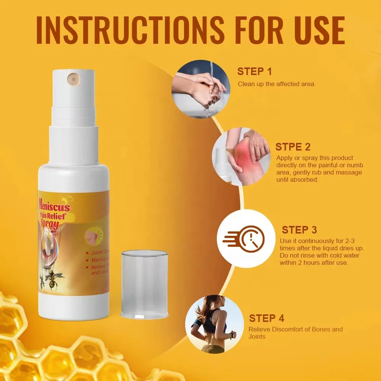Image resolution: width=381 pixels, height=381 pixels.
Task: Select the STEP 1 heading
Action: pos(255,72)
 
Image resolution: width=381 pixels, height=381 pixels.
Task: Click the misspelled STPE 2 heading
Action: pos(293,147)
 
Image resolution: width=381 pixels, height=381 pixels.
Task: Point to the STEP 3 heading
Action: pos(299,230)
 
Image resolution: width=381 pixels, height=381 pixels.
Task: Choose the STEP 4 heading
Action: pos(267,318)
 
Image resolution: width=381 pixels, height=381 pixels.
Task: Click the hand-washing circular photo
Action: pos(199,90)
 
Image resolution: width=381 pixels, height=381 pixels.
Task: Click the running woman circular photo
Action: pos(214,324)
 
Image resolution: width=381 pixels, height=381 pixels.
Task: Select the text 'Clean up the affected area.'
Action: pos(277,84)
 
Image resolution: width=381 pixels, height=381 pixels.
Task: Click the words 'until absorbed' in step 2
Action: pos(297,179)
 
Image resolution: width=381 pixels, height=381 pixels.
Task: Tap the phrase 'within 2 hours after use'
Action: pos(314,263)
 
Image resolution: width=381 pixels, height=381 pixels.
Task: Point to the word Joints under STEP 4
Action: pos(257,336)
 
